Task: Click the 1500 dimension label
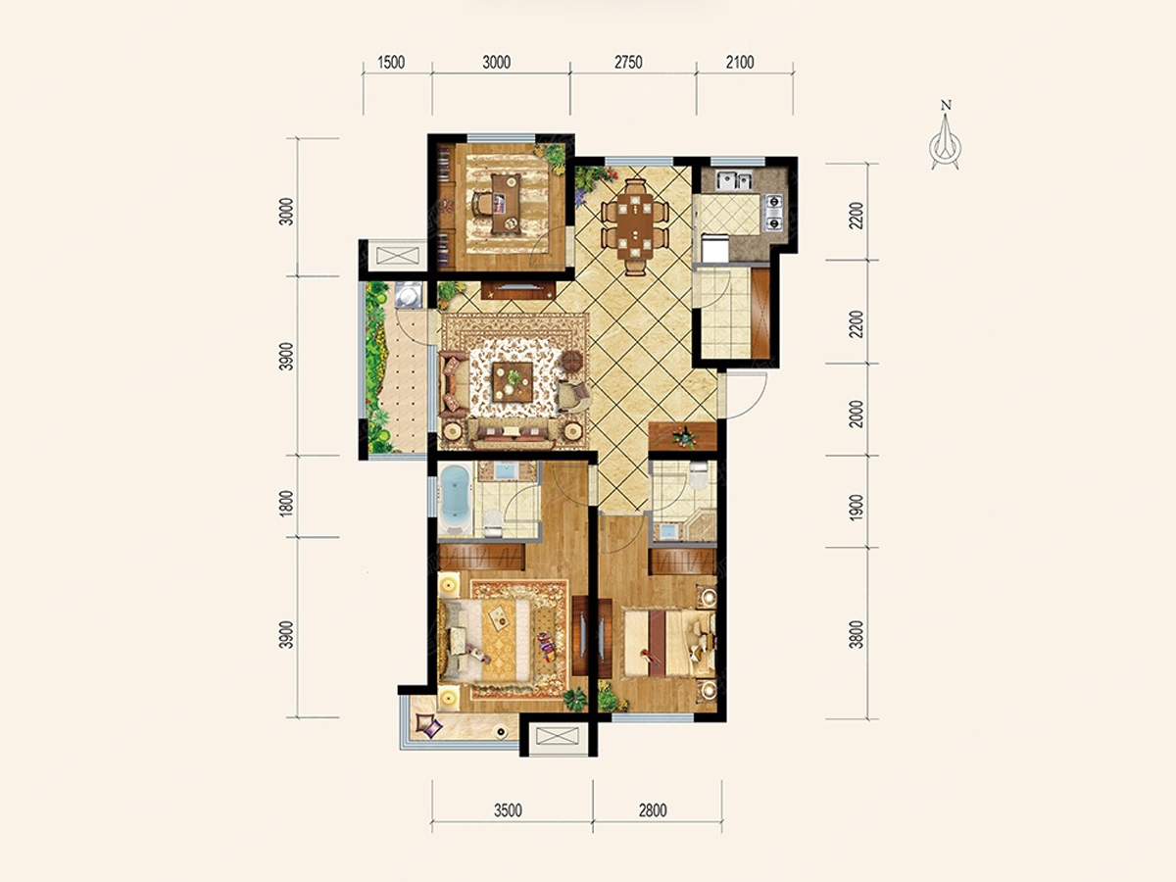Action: [x=391, y=63]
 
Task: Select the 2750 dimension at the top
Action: [x=628, y=63]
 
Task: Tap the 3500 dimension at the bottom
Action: [x=508, y=810]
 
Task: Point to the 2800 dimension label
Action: [x=652, y=810]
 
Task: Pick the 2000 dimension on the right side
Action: [x=857, y=414]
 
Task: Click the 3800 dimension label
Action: [x=857, y=635]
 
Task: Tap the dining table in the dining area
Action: [x=634, y=227]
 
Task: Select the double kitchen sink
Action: [x=735, y=180]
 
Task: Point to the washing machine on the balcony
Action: [x=410, y=294]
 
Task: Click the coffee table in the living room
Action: [x=513, y=381]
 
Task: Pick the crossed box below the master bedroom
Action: [x=559, y=736]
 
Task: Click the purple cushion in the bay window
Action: [x=429, y=725]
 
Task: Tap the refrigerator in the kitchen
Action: [x=714, y=247]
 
